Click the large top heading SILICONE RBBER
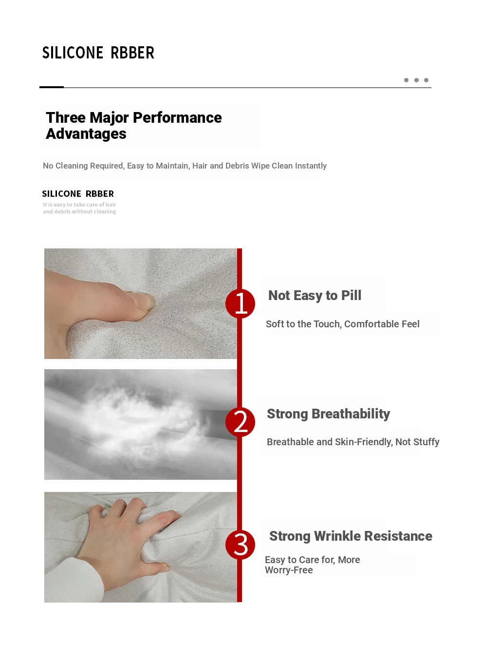pos(98,53)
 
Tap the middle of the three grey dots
pos(416,80)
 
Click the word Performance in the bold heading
pos(177,117)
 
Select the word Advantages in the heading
pos(86,133)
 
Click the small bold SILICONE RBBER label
pos(78,194)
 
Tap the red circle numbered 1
pos(240,303)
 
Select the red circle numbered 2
pos(240,422)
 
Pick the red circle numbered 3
pos(240,545)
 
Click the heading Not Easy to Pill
pos(315,295)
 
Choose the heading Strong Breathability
pos(328,414)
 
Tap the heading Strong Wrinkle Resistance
pos(351,536)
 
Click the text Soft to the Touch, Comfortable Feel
pos(342,324)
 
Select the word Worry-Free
pos(289,570)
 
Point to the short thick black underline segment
pos(52,87)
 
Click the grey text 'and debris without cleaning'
pos(79,211)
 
